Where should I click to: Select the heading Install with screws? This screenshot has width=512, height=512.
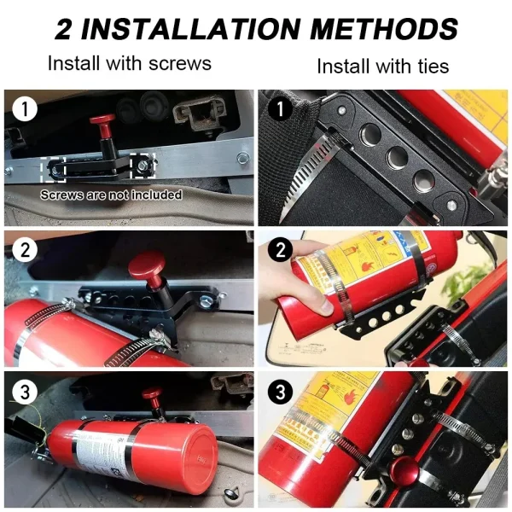[x=130, y=63]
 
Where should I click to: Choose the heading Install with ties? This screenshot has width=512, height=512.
[x=382, y=65]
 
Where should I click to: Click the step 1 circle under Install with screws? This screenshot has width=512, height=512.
[x=27, y=109]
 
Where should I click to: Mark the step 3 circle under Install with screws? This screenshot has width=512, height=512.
[x=27, y=393]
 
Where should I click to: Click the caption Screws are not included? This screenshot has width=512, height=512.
[x=112, y=195]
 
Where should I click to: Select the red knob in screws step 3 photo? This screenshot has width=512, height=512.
[x=153, y=396]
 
